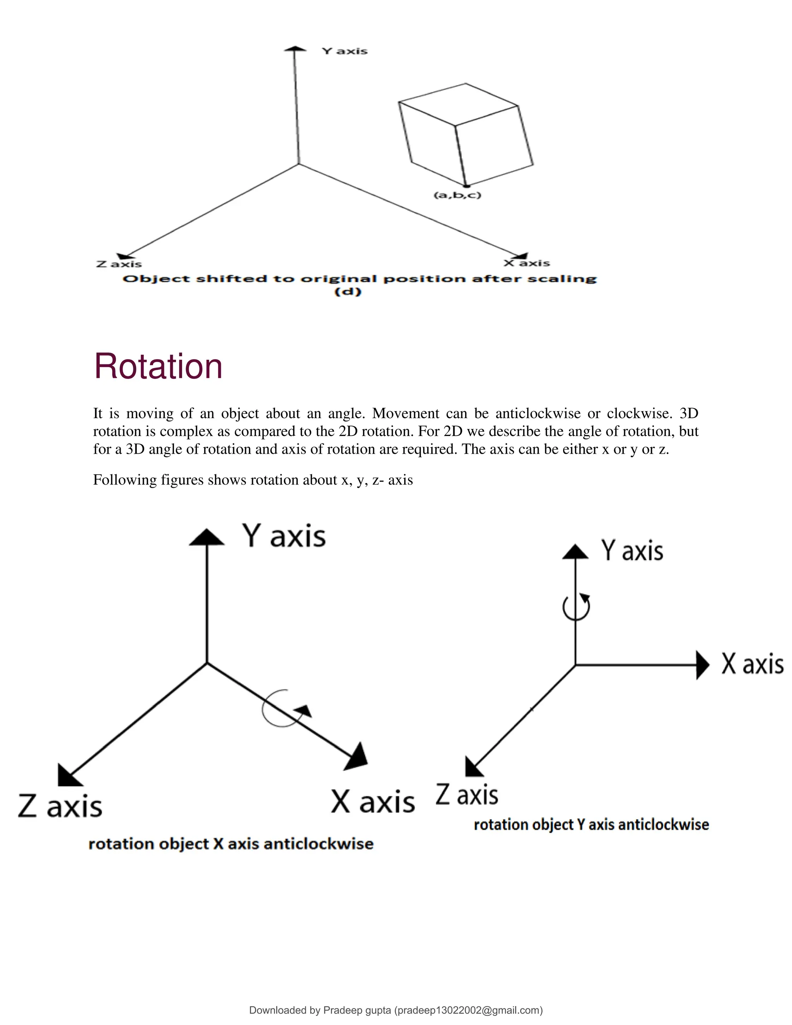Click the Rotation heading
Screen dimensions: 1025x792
tap(158, 367)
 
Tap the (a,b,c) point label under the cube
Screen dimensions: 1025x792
tap(457, 195)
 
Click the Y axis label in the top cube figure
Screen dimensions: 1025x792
tap(345, 51)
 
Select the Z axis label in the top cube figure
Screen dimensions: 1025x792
tap(119, 264)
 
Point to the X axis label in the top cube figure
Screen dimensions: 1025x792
tap(527, 263)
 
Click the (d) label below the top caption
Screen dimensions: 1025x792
tap(348, 292)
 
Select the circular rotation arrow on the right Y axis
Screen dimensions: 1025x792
tap(576, 607)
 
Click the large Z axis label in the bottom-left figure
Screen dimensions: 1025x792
tap(60, 806)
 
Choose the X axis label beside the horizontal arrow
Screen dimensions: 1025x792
tap(753, 665)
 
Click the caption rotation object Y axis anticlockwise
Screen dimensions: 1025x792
tap(591, 825)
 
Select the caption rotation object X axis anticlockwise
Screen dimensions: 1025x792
tap(231, 844)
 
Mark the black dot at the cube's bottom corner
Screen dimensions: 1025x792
tap(466, 186)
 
